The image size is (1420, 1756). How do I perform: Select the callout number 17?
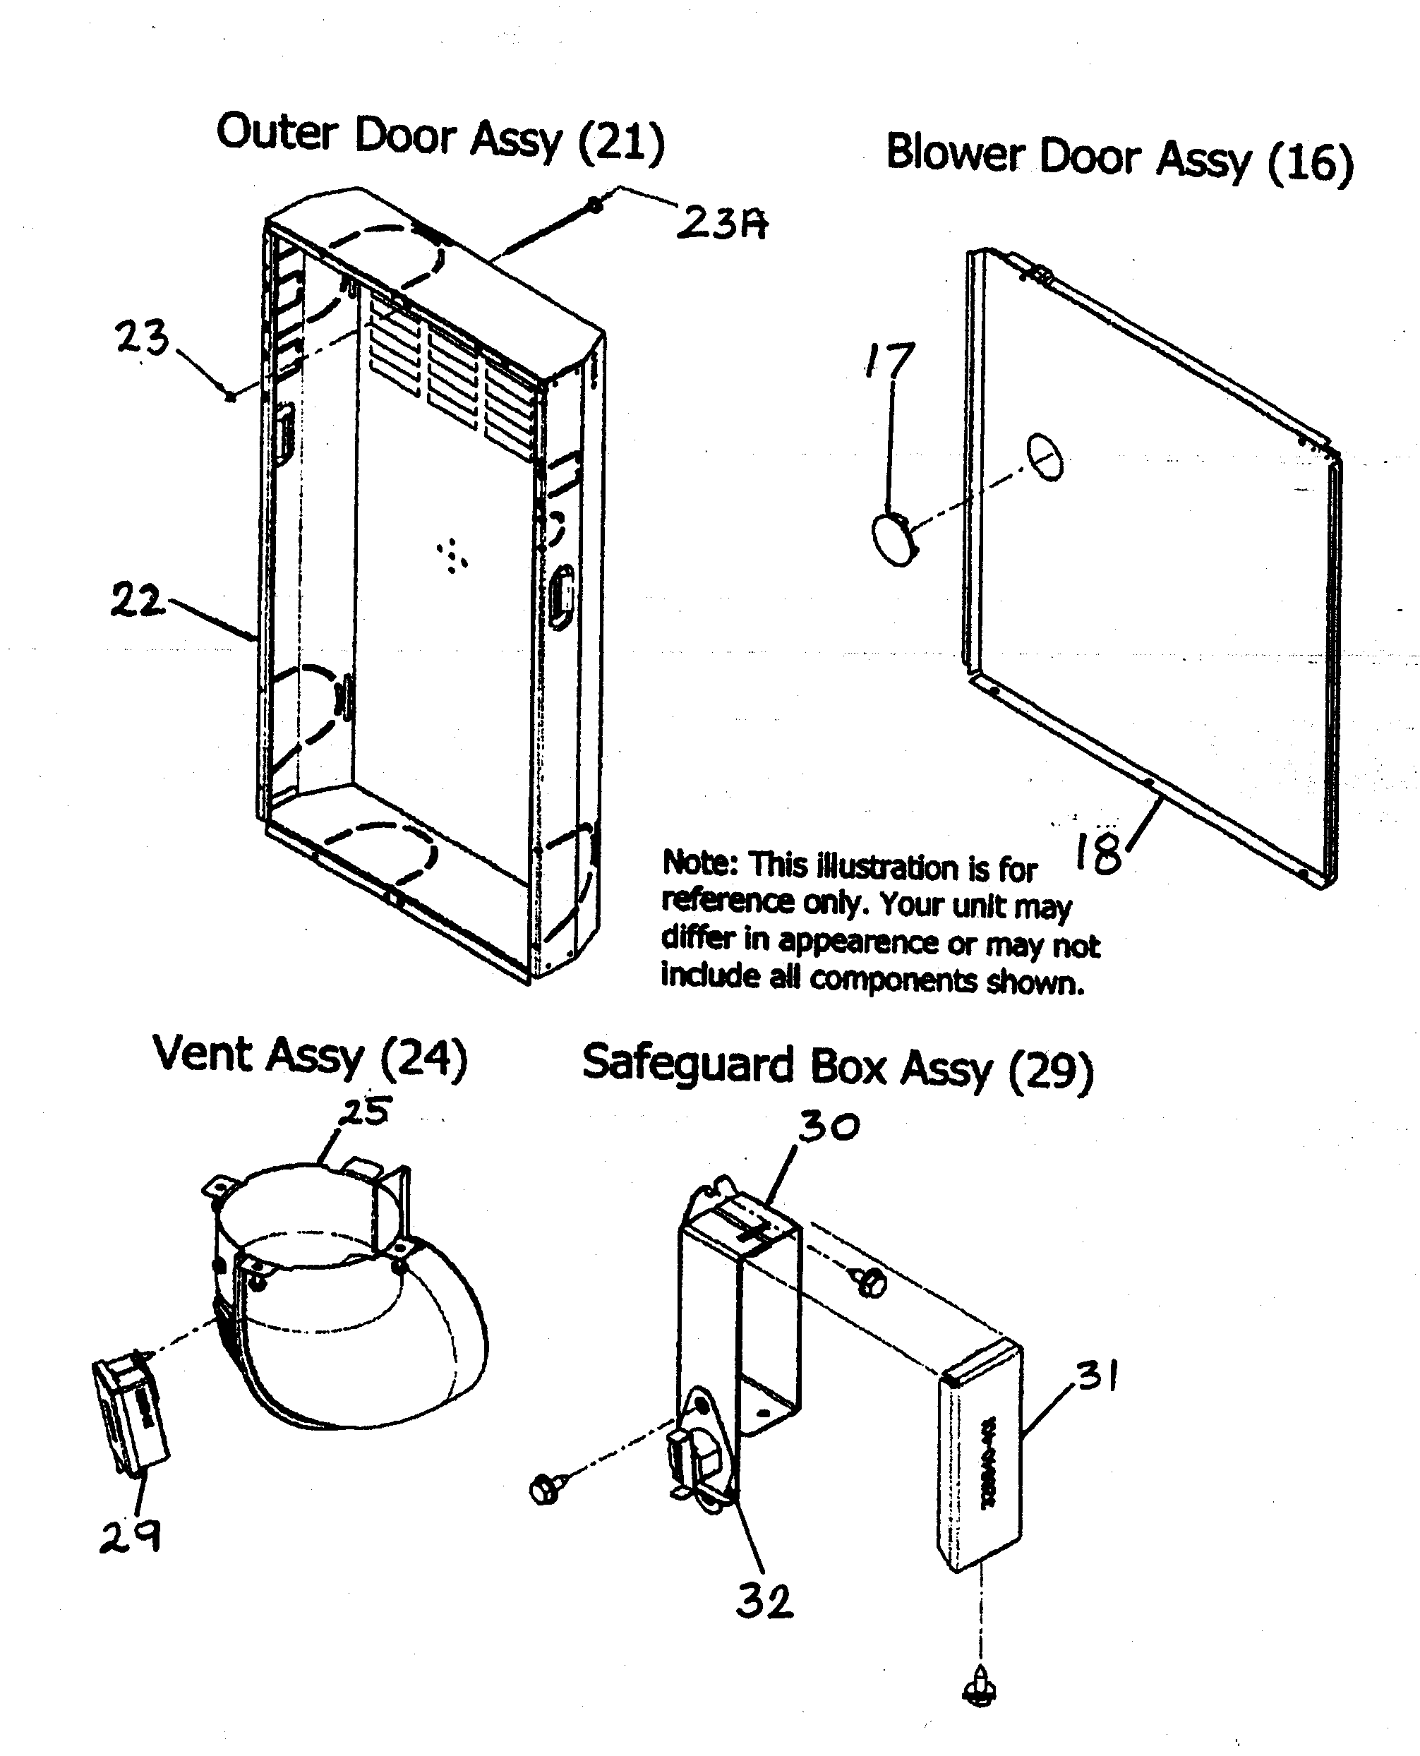890,361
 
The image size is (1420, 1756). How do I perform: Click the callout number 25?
366,1112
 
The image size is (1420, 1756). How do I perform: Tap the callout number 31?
1097,1377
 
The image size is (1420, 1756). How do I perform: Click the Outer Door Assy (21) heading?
440,138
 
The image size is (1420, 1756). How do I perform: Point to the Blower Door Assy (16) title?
1119,158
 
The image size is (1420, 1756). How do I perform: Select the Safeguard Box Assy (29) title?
837,1068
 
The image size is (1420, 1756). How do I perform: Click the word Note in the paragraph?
700,863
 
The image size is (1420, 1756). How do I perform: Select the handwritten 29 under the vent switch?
130,1537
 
